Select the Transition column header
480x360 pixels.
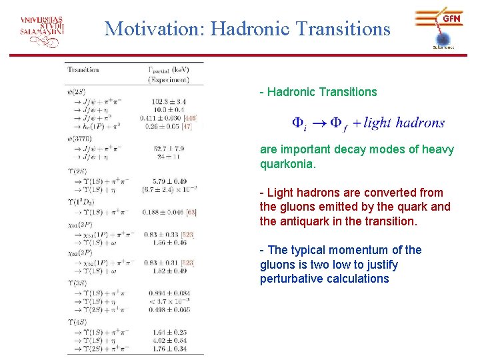(x=83, y=69)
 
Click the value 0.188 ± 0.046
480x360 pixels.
(x=164, y=212)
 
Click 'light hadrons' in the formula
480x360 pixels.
(x=404, y=123)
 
